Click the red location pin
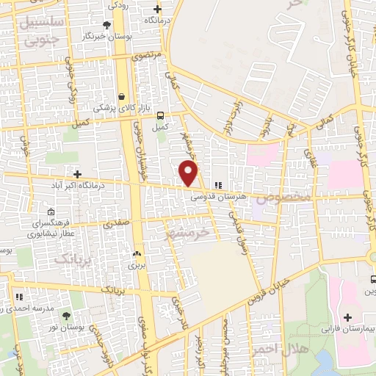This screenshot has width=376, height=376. (x=189, y=173)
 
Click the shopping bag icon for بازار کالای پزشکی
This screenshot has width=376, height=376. (x=121, y=96)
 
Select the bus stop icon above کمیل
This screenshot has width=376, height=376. (x=160, y=115)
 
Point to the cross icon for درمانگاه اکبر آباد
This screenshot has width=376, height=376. (x=77, y=174)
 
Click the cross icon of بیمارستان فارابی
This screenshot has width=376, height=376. (x=347, y=317)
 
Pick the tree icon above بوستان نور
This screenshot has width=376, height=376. (x=67, y=315)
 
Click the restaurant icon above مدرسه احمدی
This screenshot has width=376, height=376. (x=20, y=297)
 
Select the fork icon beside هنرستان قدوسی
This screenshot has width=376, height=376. (x=217, y=185)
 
